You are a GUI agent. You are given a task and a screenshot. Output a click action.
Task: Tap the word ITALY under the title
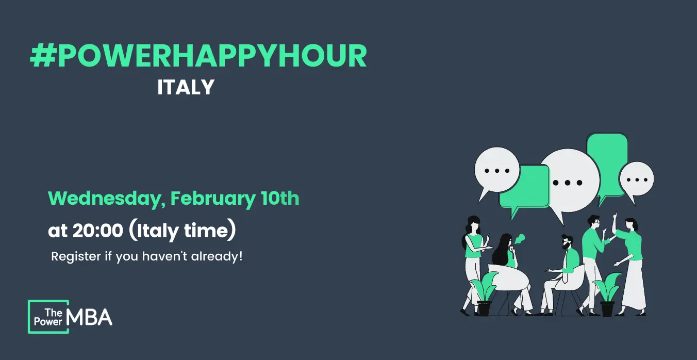click(186, 87)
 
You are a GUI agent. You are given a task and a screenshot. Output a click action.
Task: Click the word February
click(213, 199)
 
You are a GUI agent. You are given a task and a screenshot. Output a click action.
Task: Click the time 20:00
click(98, 231)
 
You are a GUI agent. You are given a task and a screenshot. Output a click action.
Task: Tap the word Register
click(76, 257)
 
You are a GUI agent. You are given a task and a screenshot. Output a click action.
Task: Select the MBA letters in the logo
click(89, 317)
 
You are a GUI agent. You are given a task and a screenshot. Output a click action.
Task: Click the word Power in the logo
click(48, 322)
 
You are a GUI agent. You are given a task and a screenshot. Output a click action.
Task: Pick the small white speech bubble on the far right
click(636, 181)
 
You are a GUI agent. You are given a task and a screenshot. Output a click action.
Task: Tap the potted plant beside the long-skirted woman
click(607, 295)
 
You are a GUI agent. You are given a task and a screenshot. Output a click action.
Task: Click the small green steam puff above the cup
click(520, 239)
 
